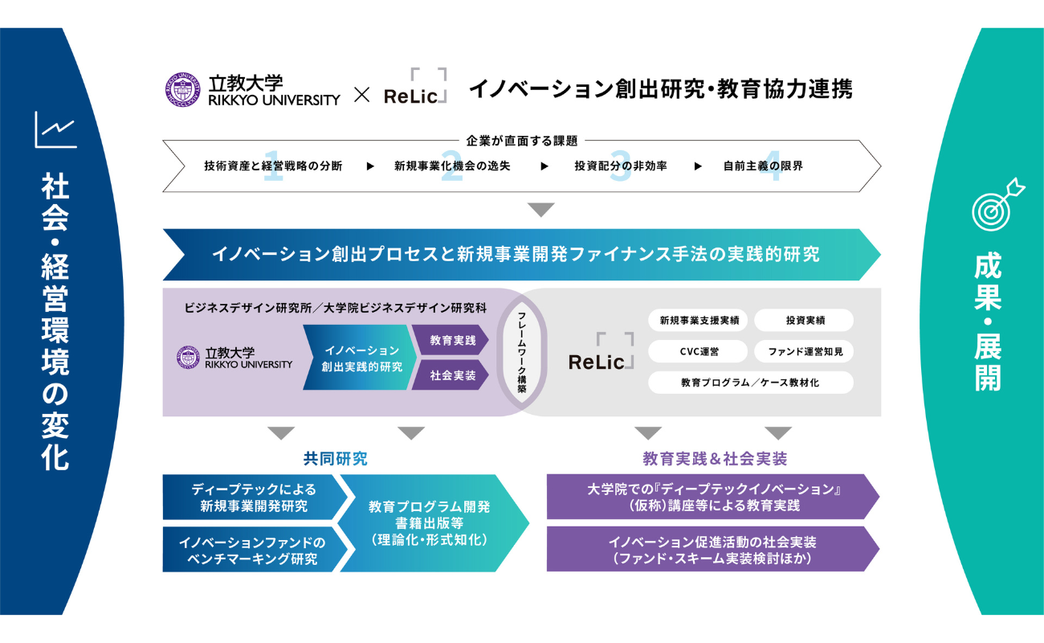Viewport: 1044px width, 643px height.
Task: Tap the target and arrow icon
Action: tap(997, 204)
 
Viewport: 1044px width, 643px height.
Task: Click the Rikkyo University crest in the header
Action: tap(183, 89)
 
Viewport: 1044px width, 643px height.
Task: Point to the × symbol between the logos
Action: tap(361, 95)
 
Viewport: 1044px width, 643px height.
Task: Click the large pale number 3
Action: tap(620, 166)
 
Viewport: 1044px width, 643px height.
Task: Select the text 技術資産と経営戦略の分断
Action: tap(273, 166)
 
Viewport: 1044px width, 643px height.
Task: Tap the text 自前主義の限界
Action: tap(763, 166)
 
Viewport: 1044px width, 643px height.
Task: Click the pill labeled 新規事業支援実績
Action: tap(698, 320)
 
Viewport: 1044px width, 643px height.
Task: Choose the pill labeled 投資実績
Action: tap(804, 320)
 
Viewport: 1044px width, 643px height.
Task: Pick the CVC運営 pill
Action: tap(698, 351)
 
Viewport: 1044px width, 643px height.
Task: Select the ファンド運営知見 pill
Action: tap(804, 351)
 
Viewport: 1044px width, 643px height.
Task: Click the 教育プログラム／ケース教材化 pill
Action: tap(751, 383)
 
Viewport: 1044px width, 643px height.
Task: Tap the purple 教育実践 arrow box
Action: tap(451, 340)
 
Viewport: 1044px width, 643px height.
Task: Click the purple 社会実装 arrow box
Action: tap(451, 375)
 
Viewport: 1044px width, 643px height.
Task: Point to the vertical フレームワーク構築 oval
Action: tap(521, 352)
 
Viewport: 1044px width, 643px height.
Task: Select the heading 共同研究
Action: tap(336, 459)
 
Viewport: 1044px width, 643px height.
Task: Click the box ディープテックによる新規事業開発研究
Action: tap(254, 498)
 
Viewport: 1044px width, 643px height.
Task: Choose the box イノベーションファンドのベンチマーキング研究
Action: tap(254, 550)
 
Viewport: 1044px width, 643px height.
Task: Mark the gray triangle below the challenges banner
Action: tap(541, 209)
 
